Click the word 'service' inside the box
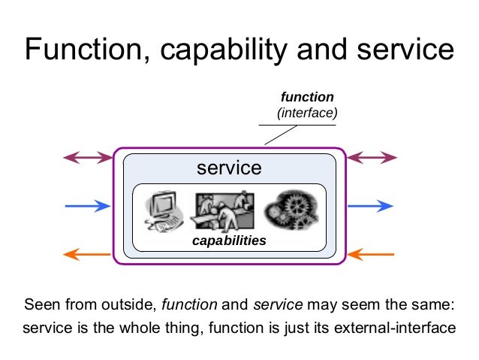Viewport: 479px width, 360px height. [x=229, y=168]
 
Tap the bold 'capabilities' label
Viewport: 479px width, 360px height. [x=229, y=241]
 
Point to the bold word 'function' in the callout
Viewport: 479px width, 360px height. [x=306, y=97]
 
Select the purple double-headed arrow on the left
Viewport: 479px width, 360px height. [x=86, y=157]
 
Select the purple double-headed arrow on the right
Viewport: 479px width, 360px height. [x=372, y=157]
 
